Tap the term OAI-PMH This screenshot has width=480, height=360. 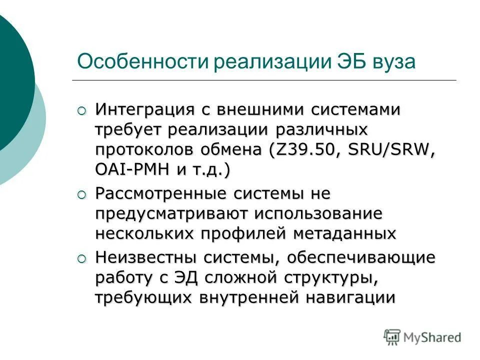pyautogui.click(x=131, y=170)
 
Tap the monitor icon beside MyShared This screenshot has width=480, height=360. pyautogui.click(x=392, y=337)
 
